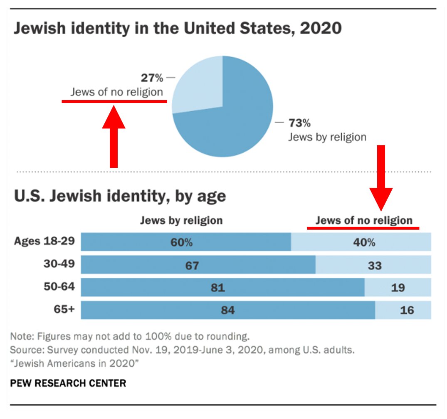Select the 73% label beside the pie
(299, 123)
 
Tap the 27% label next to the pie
(151, 78)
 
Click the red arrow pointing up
(114, 137)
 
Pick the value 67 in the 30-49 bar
(192, 265)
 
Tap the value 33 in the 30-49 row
(374, 265)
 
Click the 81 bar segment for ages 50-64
(217, 288)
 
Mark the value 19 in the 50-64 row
(398, 288)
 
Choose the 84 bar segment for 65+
(228, 310)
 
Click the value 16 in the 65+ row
(407, 310)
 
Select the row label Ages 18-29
(44, 241)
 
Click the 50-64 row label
(59, 287)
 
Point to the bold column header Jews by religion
(181, 221)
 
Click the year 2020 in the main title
(321, 29)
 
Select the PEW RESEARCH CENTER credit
(68, 382)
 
